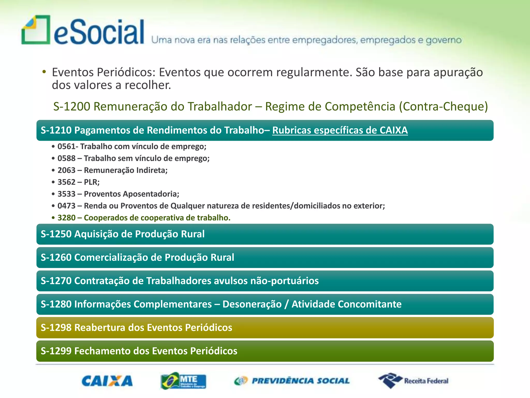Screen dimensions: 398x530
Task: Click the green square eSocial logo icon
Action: point(36,30)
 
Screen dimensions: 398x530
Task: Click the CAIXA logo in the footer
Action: point(107,381)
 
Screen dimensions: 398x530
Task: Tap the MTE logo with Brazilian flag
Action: point(183,381)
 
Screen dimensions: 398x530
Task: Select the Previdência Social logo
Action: point(292,381)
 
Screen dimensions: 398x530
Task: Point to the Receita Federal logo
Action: point(413,381)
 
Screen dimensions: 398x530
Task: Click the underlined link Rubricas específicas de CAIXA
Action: point(340,130)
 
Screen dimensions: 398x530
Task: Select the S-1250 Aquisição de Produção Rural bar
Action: point(264,234)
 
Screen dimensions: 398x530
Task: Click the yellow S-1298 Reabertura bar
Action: point(264,328)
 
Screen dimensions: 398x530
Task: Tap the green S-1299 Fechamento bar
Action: point(264,351)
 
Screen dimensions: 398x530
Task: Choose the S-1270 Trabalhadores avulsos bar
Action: point(264,281)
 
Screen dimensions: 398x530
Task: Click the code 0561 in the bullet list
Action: point(66,146)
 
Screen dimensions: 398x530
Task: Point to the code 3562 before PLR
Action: point(66,182)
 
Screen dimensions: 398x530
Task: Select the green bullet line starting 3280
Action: point(144,218)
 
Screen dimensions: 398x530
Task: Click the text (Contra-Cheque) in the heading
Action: point(443,106)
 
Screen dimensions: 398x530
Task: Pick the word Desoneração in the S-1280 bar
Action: point(252,304)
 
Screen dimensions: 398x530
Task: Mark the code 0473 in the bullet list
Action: point(66,206)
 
